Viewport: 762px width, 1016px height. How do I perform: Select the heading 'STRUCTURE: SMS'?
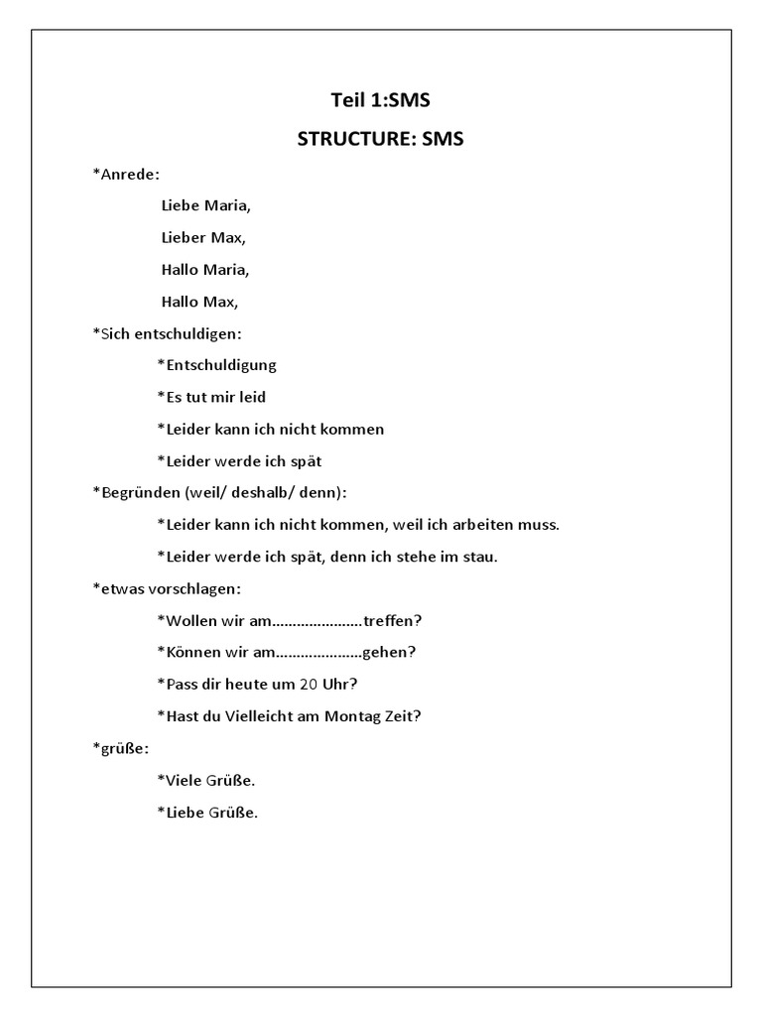(x=380, y=139)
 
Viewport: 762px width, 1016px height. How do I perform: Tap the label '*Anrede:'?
(x=126, y=174)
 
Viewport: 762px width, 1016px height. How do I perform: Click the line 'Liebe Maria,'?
(x=205, y=206)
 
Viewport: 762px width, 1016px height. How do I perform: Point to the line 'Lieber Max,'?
(x=202, y=238)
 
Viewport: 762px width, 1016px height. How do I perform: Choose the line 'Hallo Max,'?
(x=199, y=302)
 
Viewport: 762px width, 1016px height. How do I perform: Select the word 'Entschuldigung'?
(x=220, y=365)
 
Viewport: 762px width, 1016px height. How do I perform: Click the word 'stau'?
(x=480, y=557)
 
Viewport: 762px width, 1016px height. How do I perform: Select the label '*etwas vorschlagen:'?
(x=166, y=588)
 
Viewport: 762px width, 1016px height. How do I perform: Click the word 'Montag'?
(x=353, y=716)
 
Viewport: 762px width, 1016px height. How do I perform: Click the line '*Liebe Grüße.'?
(x=207, y=813)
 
